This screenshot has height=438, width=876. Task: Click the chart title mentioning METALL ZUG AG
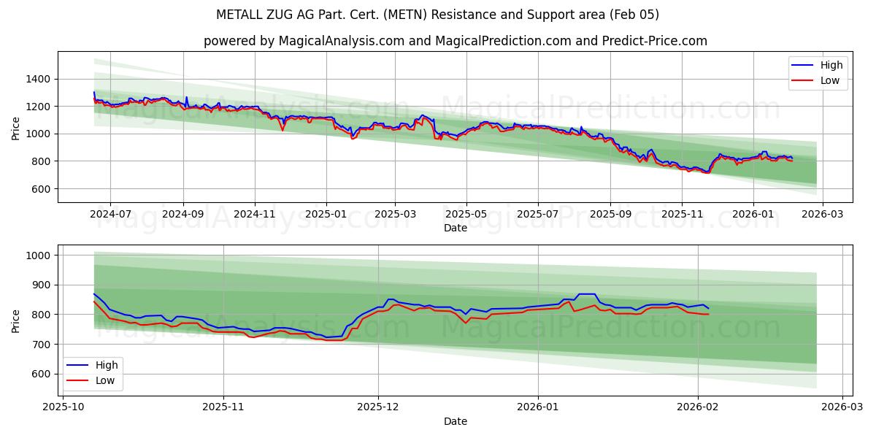pyautogui.click(x=437, y=15)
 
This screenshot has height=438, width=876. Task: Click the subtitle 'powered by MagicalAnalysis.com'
pyautogui.click(x=455, y=41)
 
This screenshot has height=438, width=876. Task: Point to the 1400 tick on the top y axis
pyautogui.click(x=39, y=79)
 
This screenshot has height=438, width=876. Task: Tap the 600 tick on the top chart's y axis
pyautogui.click(x=42, y=188)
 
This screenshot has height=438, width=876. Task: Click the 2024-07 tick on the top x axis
pyautogui.click(x=110, y=214)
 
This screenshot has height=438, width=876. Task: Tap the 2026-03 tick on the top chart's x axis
pyautogui.click(x=823, y=214)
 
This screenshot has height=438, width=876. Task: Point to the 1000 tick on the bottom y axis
pyautogui.click(x=39, y=255)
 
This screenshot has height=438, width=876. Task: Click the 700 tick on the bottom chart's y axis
pyautogui.click(x=42, y=344)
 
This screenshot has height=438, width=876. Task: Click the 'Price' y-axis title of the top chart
pyautogui.click(x=16, y=127)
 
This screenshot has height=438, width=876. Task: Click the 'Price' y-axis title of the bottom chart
pyautogui.click(x=16, y=320)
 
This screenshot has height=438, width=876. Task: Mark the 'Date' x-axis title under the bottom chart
pyautogui.click(x=455, y=421)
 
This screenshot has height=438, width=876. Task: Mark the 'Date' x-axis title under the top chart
pyautogui.click(x=455, y=228)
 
